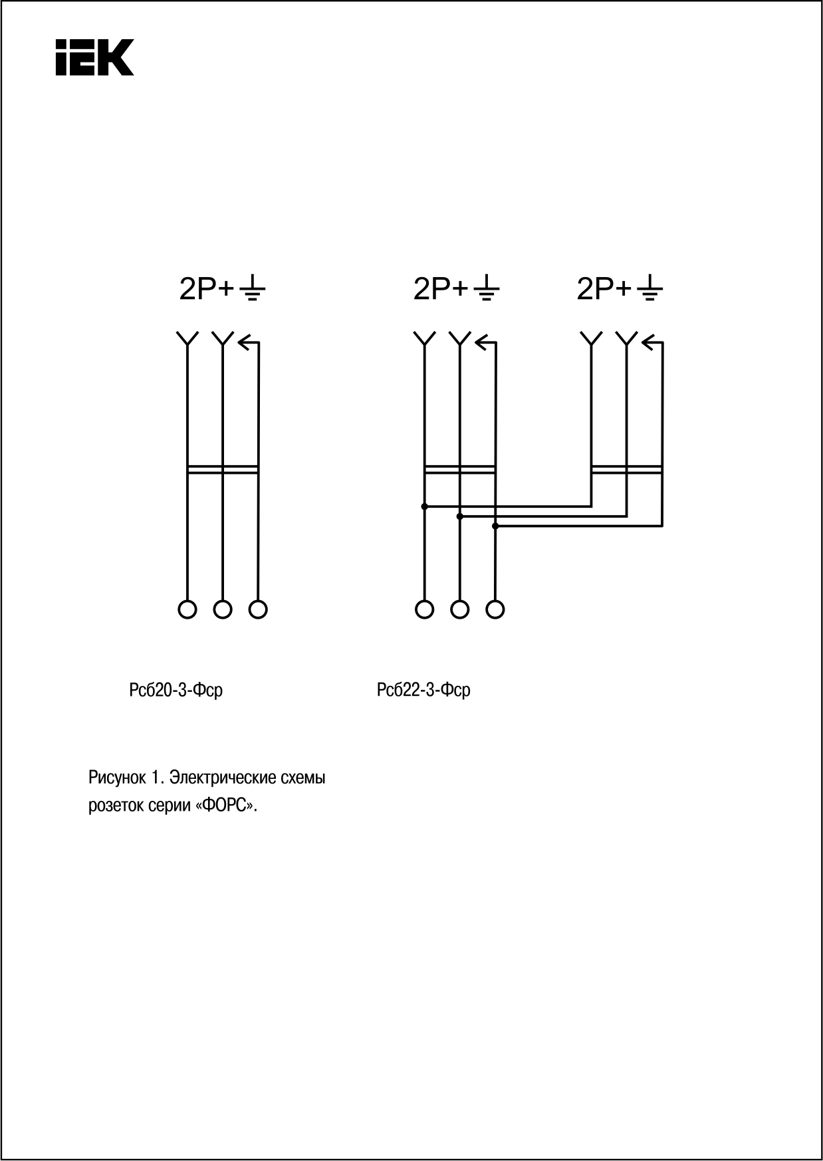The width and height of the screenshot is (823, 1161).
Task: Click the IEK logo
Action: (x=95, y=57)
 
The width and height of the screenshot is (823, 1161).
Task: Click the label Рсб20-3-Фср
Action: (x=176, y=690)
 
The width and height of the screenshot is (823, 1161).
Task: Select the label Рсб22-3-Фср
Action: (x=423, y=690)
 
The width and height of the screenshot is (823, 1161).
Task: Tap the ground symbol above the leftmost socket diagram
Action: (x=252, y=289)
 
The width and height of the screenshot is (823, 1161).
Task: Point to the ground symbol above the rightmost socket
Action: (x=649, y=289)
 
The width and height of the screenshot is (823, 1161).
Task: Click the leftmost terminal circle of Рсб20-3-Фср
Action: (x=187, y=609)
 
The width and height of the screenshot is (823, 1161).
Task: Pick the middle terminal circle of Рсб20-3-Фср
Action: (x=223, y=609)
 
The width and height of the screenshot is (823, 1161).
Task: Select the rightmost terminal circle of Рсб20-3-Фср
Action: (x=258, y=609)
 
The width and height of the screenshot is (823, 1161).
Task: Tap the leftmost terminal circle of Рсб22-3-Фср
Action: (x=424, y=609)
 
